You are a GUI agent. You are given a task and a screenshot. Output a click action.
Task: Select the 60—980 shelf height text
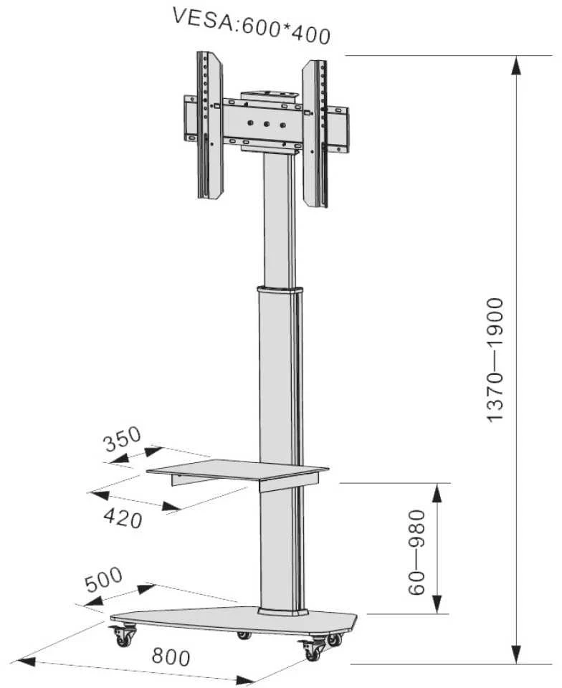click(416, 552)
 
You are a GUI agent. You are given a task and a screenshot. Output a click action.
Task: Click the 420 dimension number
click(123, 520)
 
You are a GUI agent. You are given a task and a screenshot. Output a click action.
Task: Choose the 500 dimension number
click(103, 580)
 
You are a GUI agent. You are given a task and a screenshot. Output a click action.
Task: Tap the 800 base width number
click(171, 657)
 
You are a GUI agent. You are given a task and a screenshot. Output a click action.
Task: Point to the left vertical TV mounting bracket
click(210, 125)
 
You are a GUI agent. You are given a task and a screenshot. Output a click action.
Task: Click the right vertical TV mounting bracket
click(315, 133)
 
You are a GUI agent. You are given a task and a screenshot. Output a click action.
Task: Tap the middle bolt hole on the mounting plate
click(266, 124)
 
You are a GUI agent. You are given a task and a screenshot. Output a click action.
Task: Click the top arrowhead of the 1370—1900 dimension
click(517, 67)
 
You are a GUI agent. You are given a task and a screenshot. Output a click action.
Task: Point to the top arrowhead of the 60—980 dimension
click(437, 494)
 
